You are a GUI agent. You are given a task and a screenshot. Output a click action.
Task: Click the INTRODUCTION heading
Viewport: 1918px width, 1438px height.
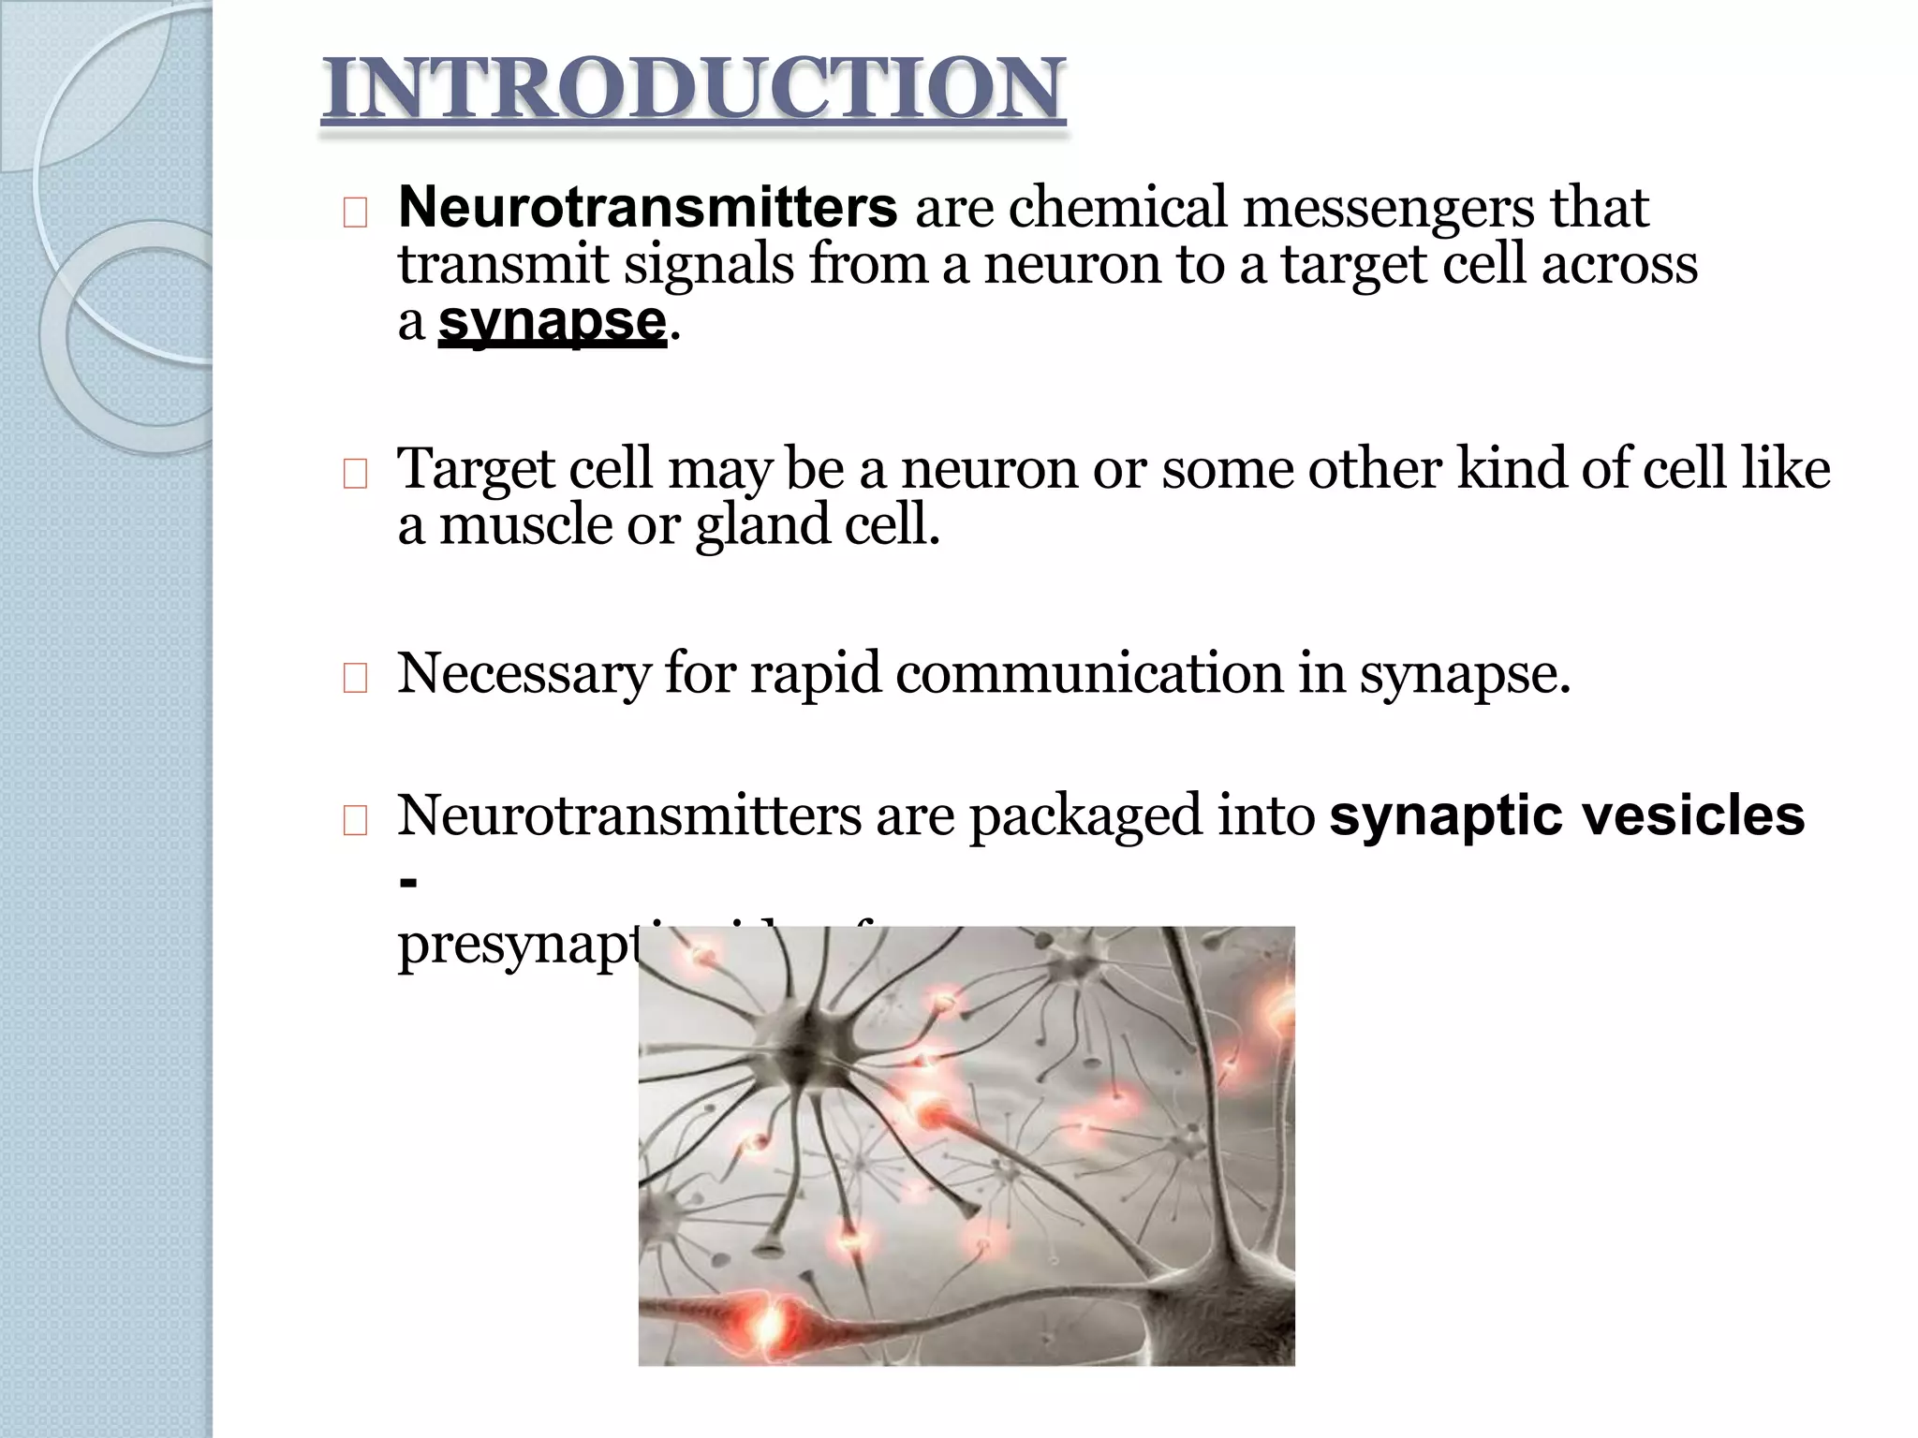pos(693,90)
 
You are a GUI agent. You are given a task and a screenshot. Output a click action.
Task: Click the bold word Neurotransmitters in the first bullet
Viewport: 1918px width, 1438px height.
pos(647,207)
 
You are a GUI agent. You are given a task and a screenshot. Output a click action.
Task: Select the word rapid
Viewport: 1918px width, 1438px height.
pos(816,674)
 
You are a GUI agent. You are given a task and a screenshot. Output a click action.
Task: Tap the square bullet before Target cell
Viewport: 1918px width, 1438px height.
pos(355,476)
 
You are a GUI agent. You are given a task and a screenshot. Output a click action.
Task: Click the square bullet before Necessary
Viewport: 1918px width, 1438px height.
pos(355,681)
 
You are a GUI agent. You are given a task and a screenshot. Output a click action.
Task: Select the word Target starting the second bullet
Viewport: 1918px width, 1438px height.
pos(477,469)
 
